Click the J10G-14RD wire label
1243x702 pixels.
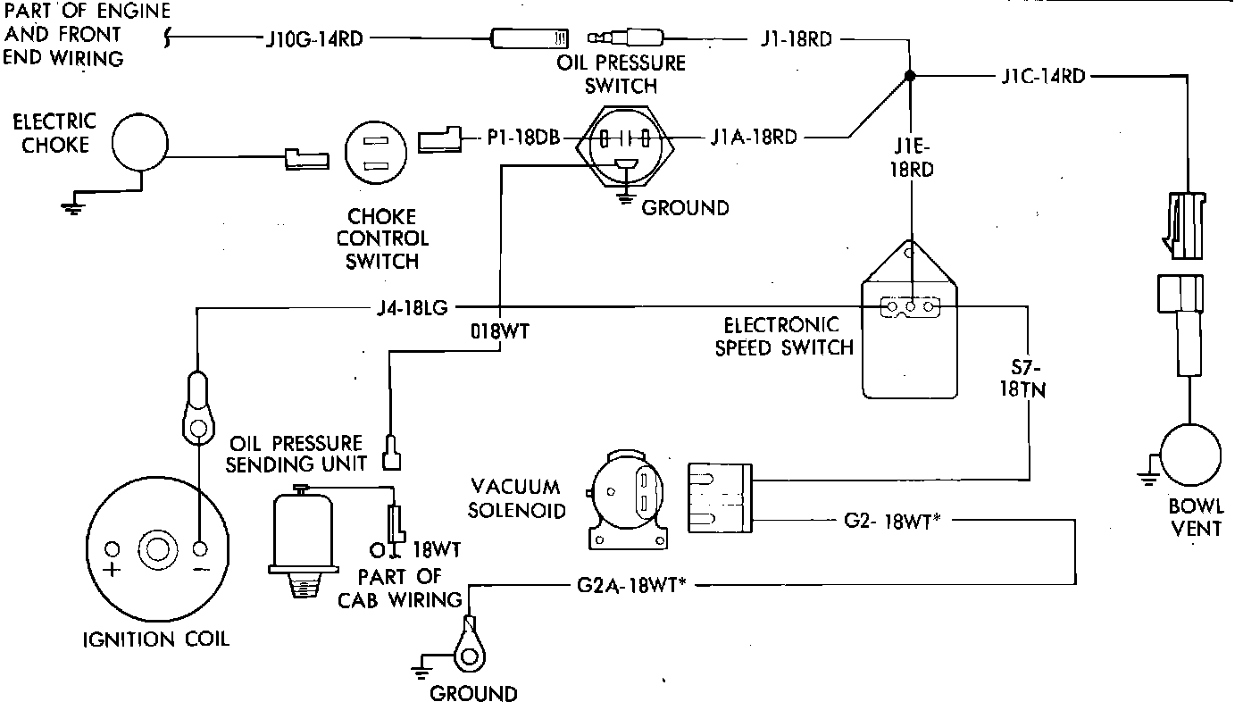pyautogui.click(x=314, y=39)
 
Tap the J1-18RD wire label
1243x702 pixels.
pyautogui.click(x=796, y=39)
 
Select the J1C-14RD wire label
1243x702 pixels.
pyautogui.click(x=1043, y=76)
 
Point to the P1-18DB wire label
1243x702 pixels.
pyautogui.click(x=523, y=137)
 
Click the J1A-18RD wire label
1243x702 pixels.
pyautogui.click(x=754, y=137)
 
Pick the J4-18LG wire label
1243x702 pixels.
pyautogui.click(x=412, y=307)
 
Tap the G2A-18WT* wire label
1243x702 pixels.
pyautogui.click(x=631, y=585)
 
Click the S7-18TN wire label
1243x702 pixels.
pyautogui.click(x=1022, y=379)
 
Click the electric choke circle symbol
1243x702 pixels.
pyautogui.click(x=140, y=143)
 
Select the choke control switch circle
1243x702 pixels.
pyautogui.click(x=376, y=152)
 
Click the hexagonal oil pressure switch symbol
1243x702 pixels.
pyautogui.click(x=625, y=147)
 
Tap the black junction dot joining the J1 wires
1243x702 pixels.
pyautogui.click(x=910, y=76)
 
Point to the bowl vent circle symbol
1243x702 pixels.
pyautogui.click(x=1190, y=455)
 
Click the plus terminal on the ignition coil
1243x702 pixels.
pyautogui.click(x=113, y=549)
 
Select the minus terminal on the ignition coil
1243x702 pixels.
pyautogui.click(x=200, y=549)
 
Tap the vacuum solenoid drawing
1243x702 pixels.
pyautogui.click(x=628, y=499)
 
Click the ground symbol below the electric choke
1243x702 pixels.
pyautogui.click(x=73, y=207)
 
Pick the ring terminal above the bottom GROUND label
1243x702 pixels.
pyautogui.click(x=470, y=646)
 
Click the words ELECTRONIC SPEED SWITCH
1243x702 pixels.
pyautogui.click(x=784, y=337)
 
